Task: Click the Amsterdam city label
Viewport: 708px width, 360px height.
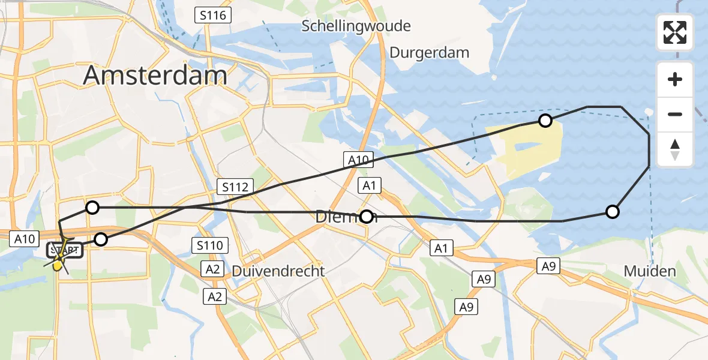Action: (x=155, y=76)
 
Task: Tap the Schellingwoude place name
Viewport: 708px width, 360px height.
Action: (x=356, y=26)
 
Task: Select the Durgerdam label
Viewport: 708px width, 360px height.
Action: (x=429, y=52)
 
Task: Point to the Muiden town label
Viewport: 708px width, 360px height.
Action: (x=650, y=271)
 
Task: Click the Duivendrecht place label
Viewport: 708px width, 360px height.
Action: (x=278, y=271)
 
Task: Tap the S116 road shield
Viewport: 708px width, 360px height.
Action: (x=214, y=15)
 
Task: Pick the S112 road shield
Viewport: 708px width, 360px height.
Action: (x=235, y=187)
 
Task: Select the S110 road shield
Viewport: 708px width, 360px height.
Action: (x=209, y=245)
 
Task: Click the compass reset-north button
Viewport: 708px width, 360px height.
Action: (x=675, y=149)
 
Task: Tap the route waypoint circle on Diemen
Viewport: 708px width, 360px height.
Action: (x=366, y=216)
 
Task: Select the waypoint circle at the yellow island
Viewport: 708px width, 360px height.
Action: (x=545, y=121)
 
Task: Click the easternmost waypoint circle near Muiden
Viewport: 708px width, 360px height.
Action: (x=612, y=211)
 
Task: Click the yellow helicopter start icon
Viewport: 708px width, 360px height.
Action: (x=58, y=263)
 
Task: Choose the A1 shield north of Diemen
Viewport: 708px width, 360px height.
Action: (x=369, y=185)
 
